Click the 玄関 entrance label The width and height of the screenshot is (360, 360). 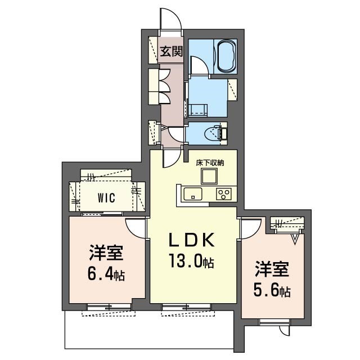pos(171,51)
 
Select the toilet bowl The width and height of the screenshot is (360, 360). pos(214,133)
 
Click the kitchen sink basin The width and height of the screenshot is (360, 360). pos(192,194)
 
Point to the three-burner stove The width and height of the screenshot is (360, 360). pos(223,194)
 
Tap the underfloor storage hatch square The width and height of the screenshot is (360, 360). pos(209,176)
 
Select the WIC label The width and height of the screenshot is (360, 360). pos(106,197)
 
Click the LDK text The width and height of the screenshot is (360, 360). pos(192,240)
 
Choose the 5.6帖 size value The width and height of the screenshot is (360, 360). pos(272,290)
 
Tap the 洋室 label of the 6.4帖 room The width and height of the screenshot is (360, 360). pos(106,253)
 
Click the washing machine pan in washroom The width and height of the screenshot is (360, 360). pos(198,109)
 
